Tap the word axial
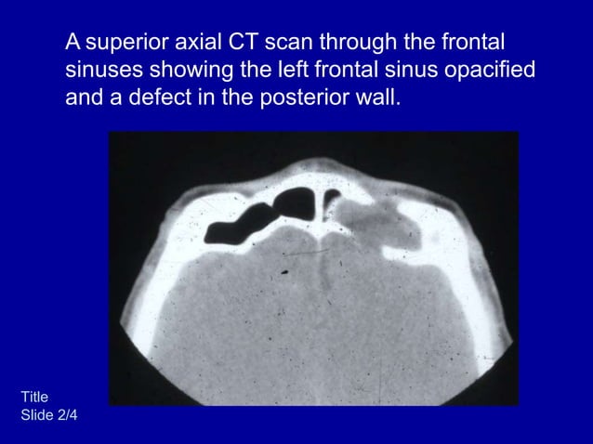(x=199, y=43)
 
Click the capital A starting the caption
(x=73, y=43)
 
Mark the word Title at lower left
(x=34, y=398)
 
